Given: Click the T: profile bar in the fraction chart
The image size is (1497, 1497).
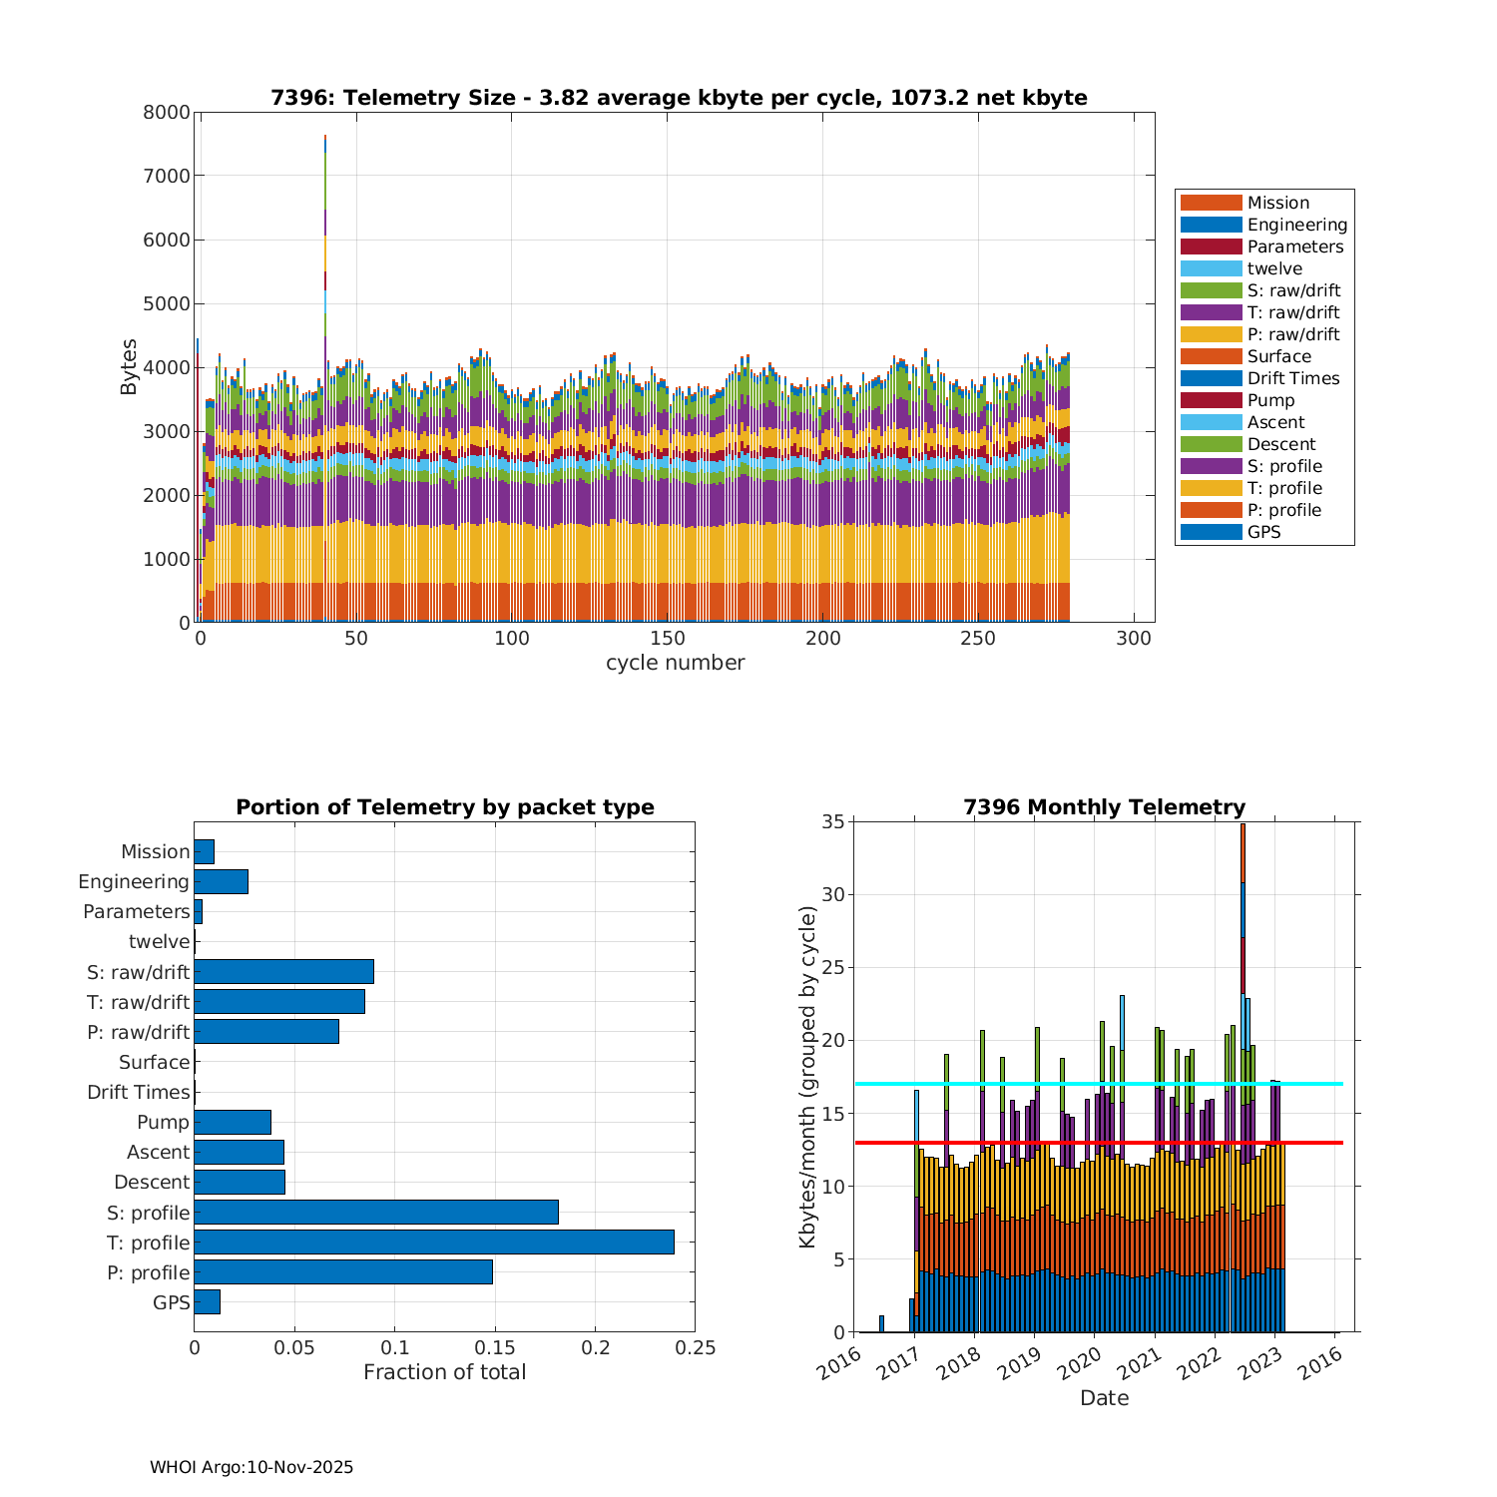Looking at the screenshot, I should point(434,1243).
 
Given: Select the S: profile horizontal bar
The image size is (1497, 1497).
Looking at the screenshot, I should point(376,1213).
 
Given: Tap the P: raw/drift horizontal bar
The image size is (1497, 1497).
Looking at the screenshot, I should point(266,1032).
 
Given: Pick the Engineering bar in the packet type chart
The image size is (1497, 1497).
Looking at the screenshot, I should point(221,881).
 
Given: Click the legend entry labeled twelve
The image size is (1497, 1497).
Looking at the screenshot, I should point(1274,268).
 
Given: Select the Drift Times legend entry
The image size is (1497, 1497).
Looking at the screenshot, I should point(1292,378).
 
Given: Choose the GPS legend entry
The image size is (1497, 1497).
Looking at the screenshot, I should point(1263,532).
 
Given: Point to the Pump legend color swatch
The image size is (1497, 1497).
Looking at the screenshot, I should point(1211,400).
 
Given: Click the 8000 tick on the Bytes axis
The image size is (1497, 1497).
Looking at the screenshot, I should point(167,112).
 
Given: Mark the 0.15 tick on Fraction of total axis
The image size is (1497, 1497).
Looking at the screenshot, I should point(495,1347).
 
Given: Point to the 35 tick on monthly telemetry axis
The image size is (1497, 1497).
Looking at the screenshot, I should point(833,822).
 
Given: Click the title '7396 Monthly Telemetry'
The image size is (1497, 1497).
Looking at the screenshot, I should point(1104,807).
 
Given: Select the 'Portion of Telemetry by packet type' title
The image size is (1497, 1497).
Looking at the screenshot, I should point(445,807).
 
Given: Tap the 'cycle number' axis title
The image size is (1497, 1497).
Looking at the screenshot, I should point(675,663).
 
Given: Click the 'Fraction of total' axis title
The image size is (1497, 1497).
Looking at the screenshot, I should point(444,1372).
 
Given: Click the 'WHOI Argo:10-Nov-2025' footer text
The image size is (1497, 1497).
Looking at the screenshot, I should point(251,1467).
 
